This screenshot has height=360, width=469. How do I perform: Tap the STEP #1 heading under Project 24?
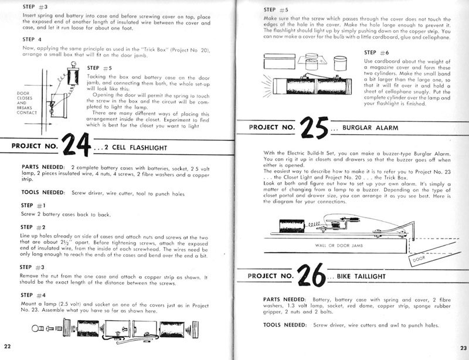pos(33,205)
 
